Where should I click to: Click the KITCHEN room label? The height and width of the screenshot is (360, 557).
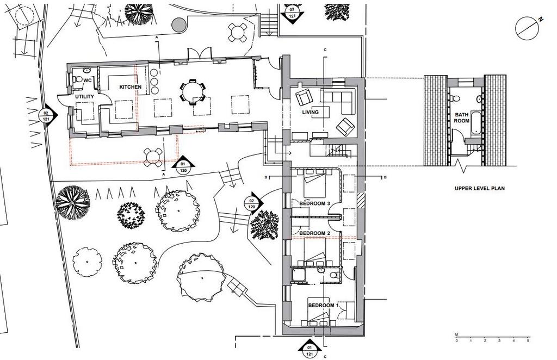pos(130,87)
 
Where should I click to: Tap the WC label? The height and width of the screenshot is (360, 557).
pos(88,80)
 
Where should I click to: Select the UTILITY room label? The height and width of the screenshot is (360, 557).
pos(84,97)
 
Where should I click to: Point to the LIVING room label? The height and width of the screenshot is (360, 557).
pos(310,112)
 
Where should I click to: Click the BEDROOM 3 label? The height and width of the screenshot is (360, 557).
pos(315,203)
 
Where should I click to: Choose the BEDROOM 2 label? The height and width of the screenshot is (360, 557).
pos(315,233)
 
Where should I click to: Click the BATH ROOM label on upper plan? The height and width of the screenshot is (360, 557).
pos(462,117)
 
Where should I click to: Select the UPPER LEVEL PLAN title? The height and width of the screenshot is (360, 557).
pos(480,189)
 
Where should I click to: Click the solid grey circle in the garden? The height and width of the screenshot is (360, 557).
pos(179,25)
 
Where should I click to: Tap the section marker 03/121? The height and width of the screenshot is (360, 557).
pos(292,14)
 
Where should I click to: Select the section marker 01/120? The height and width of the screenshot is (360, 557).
pos(183,165)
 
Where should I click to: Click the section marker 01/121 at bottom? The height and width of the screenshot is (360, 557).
pos(310,349)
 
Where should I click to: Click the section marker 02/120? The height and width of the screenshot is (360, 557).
pos(253,204)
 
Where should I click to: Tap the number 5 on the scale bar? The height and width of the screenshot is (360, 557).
pos(528,341)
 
